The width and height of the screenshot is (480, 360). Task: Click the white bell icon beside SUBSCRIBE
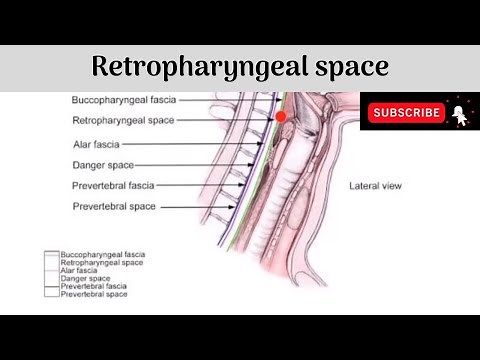coord(459,112)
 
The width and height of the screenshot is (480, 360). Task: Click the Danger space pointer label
coord(103,165)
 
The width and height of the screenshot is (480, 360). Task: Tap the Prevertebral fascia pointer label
coord(113,186)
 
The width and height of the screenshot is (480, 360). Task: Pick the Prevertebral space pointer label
coord(113,207)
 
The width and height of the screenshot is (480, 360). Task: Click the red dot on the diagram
coord(281,117)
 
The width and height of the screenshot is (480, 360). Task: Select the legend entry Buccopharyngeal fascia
coord(102,255)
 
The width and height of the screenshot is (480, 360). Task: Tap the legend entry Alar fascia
coord(79,271)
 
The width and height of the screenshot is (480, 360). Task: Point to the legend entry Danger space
coord(84,279)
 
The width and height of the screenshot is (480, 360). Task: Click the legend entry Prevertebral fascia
coord(95,287)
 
